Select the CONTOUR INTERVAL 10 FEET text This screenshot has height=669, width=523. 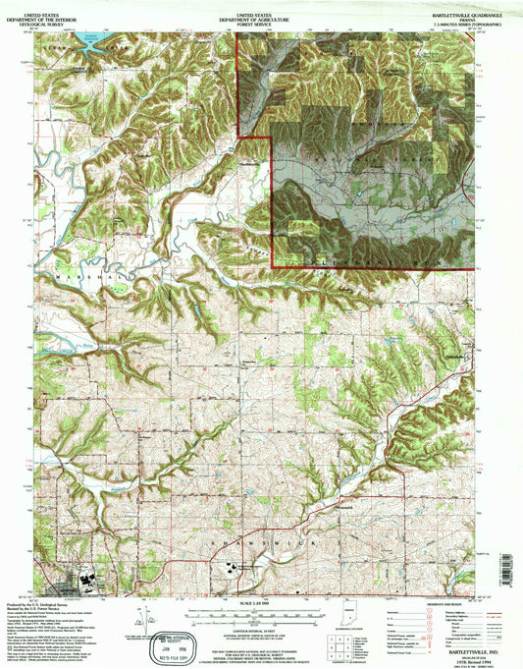click(261, 625)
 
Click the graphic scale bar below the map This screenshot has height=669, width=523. click(261, 613)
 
